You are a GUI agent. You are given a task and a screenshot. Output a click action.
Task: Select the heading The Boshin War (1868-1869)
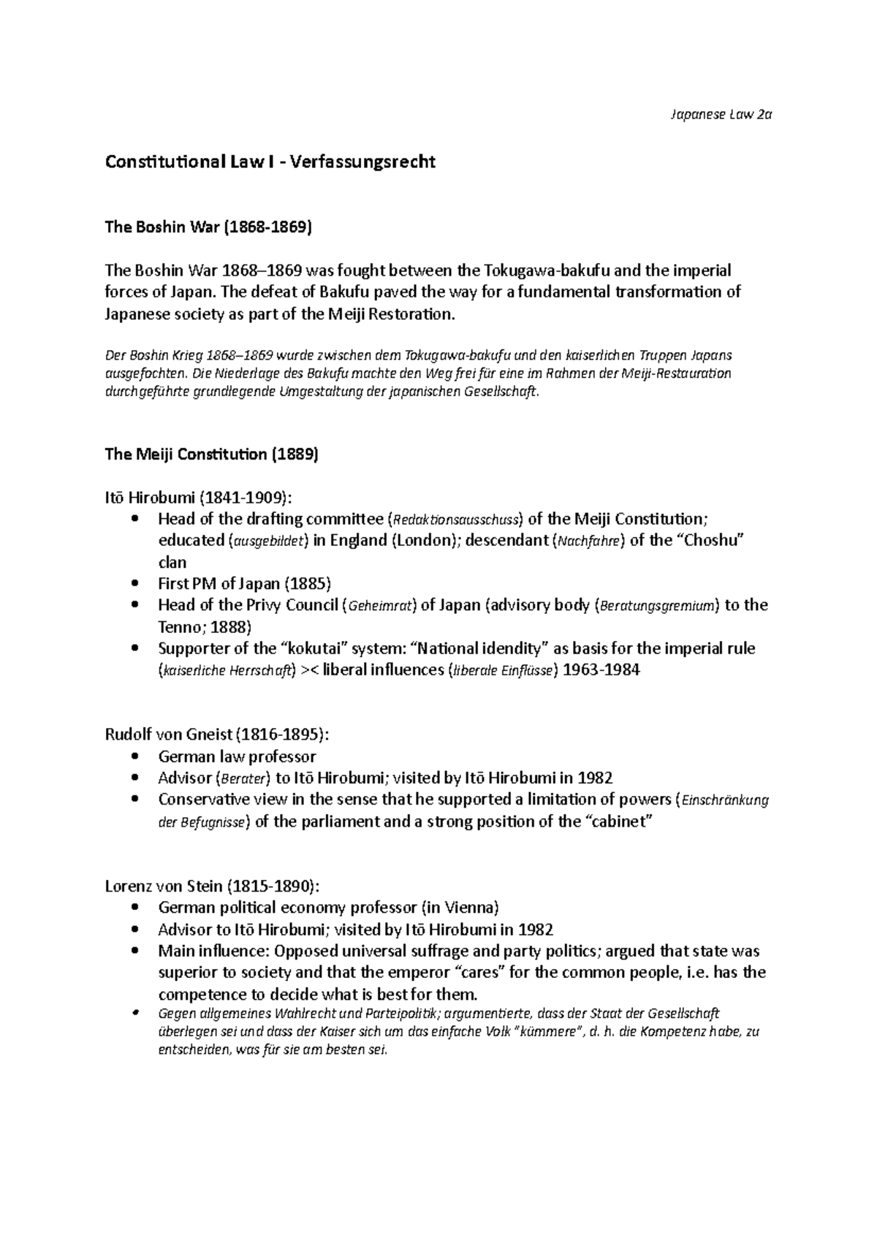click(x=208, y=227)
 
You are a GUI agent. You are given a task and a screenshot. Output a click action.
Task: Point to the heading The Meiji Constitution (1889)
click(x=212, y=455)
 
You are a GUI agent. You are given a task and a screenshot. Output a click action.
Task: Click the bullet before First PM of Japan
click(x=132, y=584)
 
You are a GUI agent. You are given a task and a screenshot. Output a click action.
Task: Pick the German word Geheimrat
click(x=382, y=606)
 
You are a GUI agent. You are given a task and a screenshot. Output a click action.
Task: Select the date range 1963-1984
click(x=602, y=670)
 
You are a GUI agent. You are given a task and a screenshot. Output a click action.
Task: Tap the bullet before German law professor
click(x=132, y=756)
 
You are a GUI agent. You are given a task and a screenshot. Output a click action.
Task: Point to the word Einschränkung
click(x=724, y=800)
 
